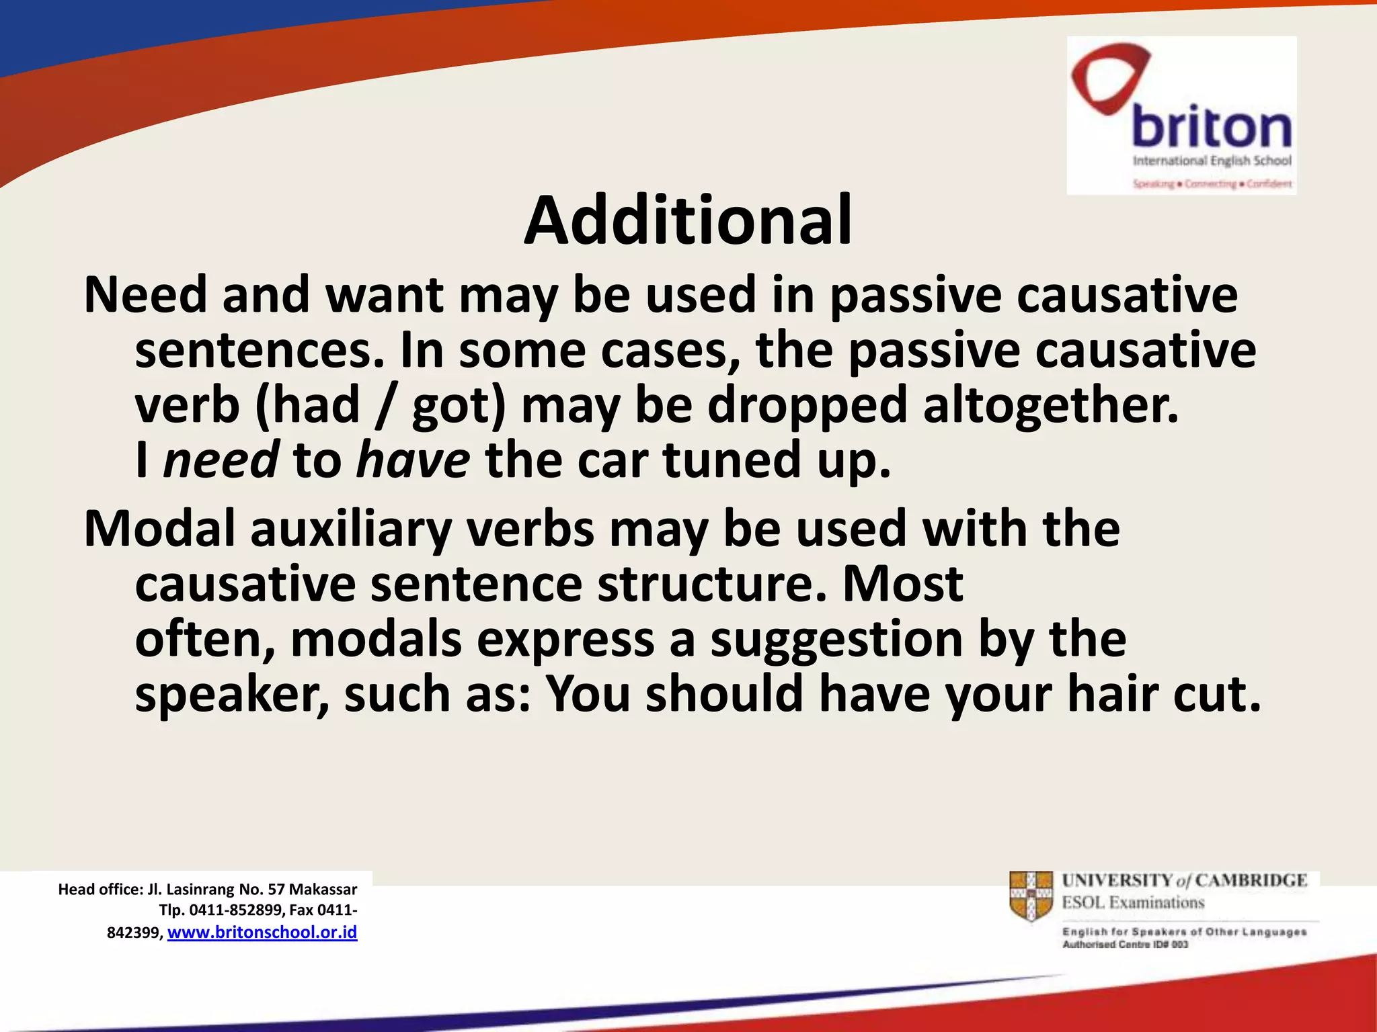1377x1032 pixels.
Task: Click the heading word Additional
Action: [x=688, y=220]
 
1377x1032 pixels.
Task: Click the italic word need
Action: [x=221, y=460]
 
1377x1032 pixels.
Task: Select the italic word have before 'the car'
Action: [x=413, y=460]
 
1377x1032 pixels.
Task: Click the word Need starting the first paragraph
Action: [x=145, y=295]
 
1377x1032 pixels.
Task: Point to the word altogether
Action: [x=1050, y=405]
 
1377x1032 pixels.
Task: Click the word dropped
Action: [x=807, y=406]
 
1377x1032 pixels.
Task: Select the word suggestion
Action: [x=836, y=640]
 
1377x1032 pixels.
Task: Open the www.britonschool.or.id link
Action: [x=262, y=933]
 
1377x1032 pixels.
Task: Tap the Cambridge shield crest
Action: [x=1031, y=896]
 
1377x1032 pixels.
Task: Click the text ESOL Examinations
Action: [x=1133, y=902]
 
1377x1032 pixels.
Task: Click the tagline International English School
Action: [x=1212, y=161]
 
